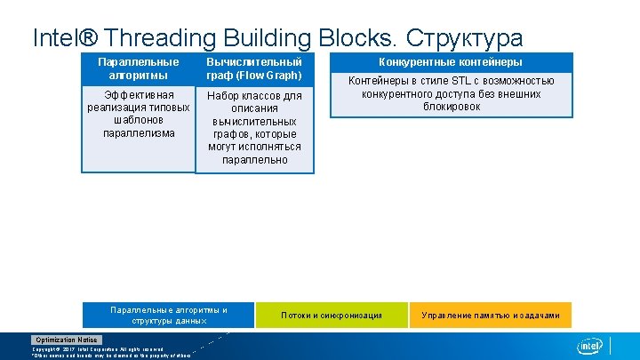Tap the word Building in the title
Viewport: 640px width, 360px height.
pyautogui.click(x=266, y=38)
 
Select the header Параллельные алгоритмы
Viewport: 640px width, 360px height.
pyautogui.click(x=138, y=68)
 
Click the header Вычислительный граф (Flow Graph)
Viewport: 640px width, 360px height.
pyautogui.click(x=254, y=68)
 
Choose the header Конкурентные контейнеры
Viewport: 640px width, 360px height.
pyautogui.click(x=451, y=62)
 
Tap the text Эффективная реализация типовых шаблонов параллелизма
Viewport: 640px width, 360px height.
pyautogui.click(x=138, y=114)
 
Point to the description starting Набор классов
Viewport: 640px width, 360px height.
pyautogui.click(x=254, y=127)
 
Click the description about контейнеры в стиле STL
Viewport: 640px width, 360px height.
pyautogui.click(x=451, y=93)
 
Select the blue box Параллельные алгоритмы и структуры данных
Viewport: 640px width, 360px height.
pyautogui.click(x=168, y=315)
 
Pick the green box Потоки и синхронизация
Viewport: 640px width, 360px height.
pyautogui.click(x=332, y=315)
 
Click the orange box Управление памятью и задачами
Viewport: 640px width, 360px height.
pyautogui.click(x=491, y=315)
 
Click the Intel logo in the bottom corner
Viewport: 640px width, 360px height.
pyautogui.click(x=590, y=346)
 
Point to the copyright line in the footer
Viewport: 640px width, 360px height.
pyautogui.click(x=98, y=349)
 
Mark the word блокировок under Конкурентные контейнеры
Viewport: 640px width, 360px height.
pyautogui.click(x=451, y=107)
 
